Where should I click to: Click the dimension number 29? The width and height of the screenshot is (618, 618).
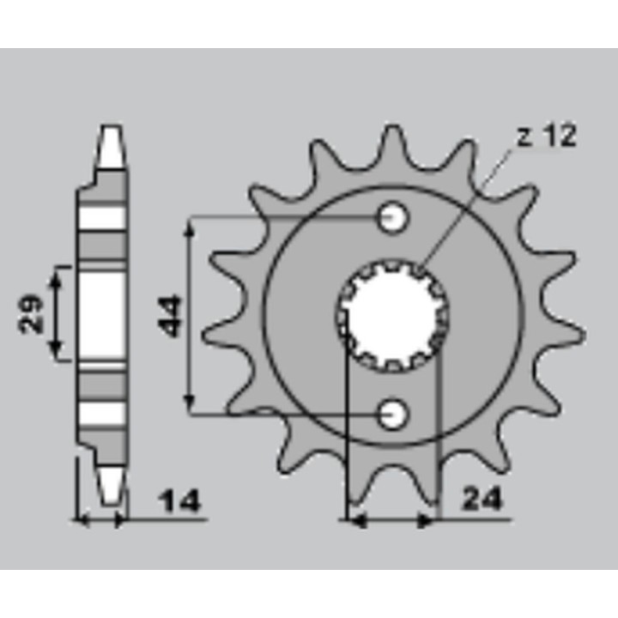click(31, 314)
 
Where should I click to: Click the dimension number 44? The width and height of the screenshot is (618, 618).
click(169, 316)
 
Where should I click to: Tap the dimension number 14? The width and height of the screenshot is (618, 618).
click(179, 501)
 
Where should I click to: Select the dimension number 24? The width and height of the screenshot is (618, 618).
click(482, 499)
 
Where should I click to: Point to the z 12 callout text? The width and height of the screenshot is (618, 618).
click(547, 136)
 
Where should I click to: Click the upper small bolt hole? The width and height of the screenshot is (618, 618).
click(392, 217)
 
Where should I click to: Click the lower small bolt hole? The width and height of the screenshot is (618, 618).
click(392, 415)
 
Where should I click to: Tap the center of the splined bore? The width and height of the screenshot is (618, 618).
click(392, 316)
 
